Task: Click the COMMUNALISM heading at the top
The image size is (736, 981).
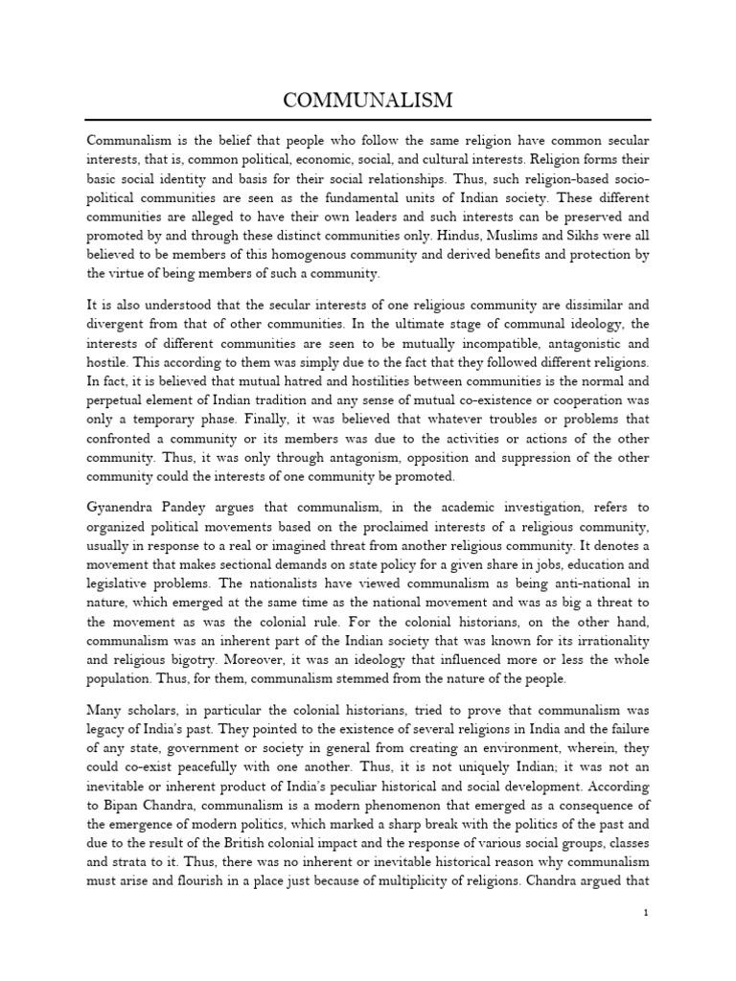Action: pos(368,101)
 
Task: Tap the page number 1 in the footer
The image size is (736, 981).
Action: pos(647,914)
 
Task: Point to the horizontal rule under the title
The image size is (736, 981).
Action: pos(368,120)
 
